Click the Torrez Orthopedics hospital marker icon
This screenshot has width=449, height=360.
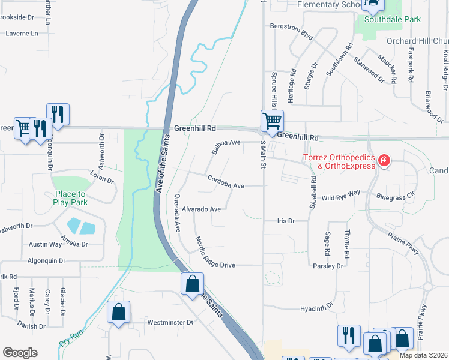point(384,160)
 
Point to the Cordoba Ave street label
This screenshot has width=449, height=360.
point(226,185)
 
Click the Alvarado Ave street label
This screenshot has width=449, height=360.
point(202,209)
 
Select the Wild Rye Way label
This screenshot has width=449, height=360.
point(340,196)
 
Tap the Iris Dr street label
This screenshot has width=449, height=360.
point(286,221)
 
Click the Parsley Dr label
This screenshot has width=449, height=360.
point(328,265)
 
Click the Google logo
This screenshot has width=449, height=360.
point(20,353)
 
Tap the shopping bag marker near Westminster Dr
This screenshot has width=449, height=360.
point(119,312)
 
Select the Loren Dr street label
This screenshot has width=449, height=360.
point(101,179)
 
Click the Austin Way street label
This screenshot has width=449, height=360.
point(45,244)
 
